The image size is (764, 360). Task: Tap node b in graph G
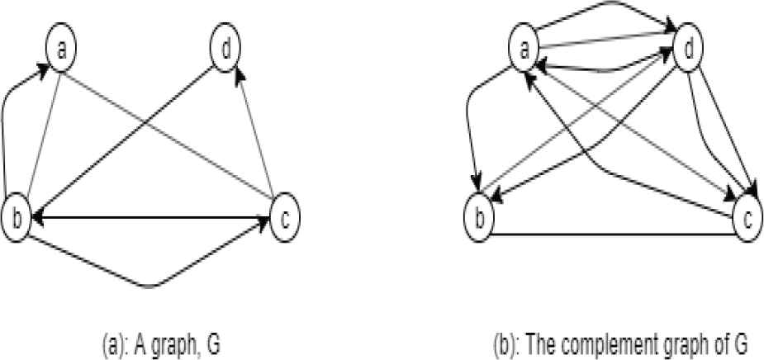pyautogui.click(x=17, y=218)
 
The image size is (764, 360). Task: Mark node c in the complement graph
pyautogui.click(x=747, y=220)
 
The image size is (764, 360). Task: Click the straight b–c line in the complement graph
pyautogui.click(x=611, y=234)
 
